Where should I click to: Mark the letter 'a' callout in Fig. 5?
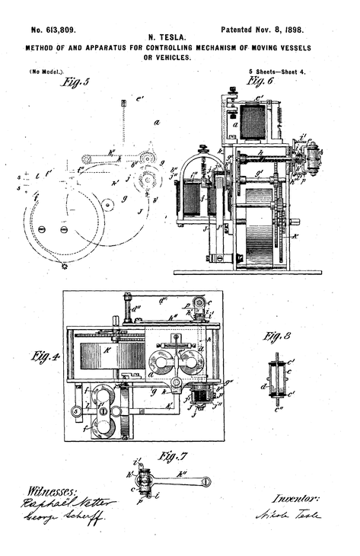click(x=155, y=122)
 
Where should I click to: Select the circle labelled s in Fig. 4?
click(x=76, y=412)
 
